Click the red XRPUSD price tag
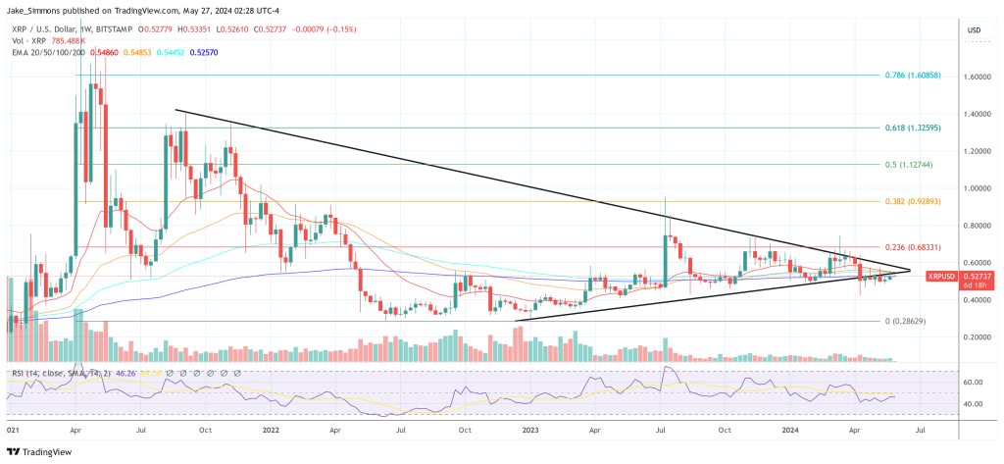point(943,278)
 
